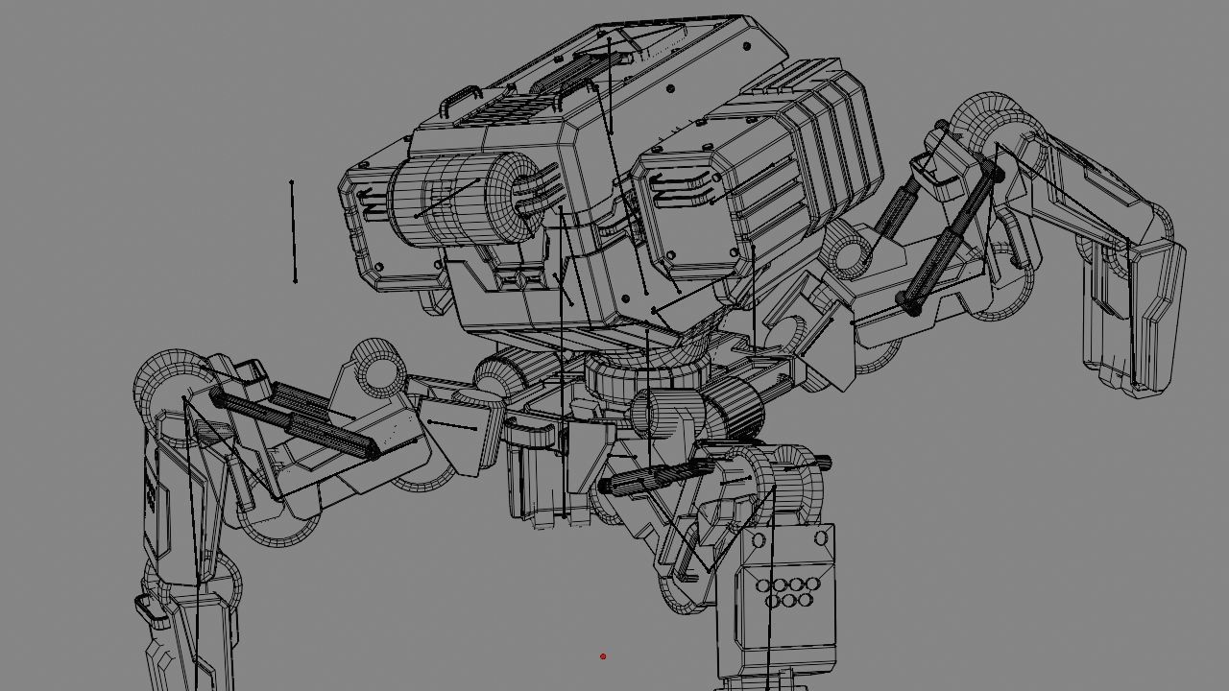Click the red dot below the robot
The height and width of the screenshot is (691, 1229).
pyautogui.click(x=603, y=656)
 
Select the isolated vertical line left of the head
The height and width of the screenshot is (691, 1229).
pyautogui.click(x=293, y=230)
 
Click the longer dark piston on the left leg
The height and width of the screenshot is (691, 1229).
pyautogui.click(x=298, y=422)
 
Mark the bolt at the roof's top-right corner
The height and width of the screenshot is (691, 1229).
pyautogui.click(x=748, y=46)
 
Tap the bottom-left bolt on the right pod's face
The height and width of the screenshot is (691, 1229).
pyautogui.click(x=670, y=255)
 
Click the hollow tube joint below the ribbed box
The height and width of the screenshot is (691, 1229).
pyautogui.click(x=850, y=251)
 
